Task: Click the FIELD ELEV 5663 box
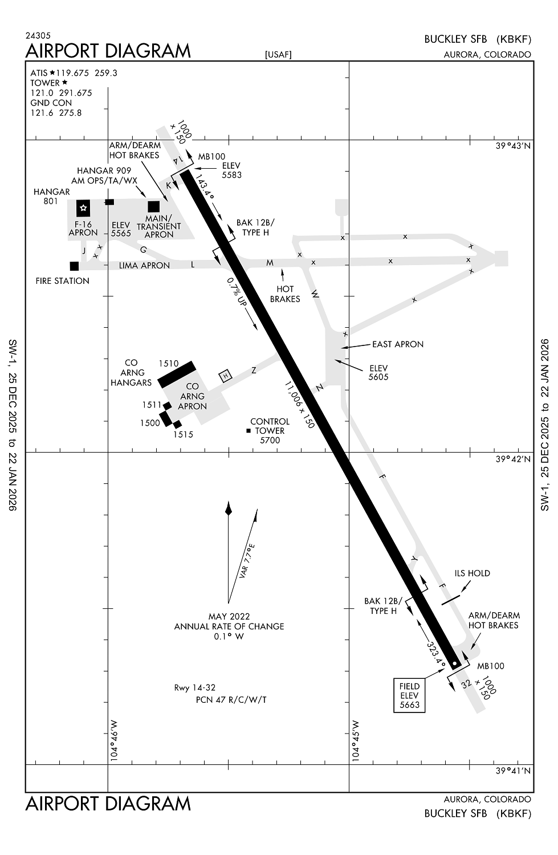[x=409, y=695]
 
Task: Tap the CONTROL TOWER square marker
[x=249, y=431]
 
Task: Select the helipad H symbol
[x=226, y=376]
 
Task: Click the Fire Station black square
[x=74, y=266]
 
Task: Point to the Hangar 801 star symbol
[x=83, y=208]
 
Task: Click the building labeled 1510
[x=177, y=374]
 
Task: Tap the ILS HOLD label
[x=472, y=573]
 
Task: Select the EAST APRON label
[x=398, y=344]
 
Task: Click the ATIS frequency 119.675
[x=72, y=73]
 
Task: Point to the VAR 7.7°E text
[x=247, y=561]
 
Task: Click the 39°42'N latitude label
[x=513, y=459]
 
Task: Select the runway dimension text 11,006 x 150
[x=300, y=405]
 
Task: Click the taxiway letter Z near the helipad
[x=254, y=370]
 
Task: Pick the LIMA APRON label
[x=144, y=266]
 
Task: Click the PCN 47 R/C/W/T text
[x=231, y=699]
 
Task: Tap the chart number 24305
[x=38, y=35]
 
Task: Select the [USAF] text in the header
[x=278, y=55]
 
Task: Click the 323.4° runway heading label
[x=436, y=652]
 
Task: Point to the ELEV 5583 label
[x=231, y=170]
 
